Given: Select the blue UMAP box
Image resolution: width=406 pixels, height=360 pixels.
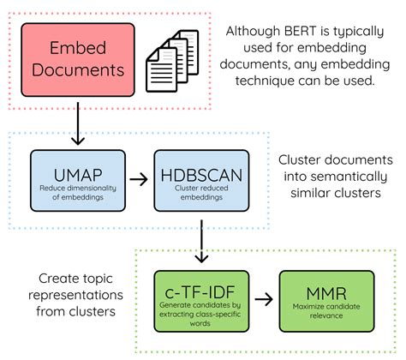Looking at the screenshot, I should [x=67, y=179].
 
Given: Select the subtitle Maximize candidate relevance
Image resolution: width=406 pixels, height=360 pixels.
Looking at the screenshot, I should [x=316, y=313].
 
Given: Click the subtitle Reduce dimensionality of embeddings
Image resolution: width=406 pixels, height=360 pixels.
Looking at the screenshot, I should [x=67, y=193].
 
